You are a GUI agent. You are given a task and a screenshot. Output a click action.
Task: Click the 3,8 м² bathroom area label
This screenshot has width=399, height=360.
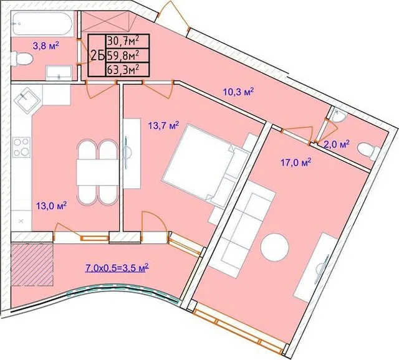(x=46, y=46)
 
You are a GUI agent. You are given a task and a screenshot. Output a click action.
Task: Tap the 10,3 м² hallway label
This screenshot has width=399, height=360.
(x=239, y=92)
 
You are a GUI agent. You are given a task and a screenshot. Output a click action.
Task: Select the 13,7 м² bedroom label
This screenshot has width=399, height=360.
(x=164, y=126)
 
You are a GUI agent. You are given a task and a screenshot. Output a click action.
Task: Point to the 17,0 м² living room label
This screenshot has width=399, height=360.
(x=296, y=162)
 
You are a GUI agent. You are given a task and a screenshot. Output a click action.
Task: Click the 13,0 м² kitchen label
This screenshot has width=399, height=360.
(x=51, y=206)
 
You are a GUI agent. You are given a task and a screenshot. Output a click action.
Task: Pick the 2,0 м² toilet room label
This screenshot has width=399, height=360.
(x=337, y=144)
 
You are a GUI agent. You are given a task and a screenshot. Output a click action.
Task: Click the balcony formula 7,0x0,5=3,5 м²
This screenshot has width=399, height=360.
(x=117, y=268)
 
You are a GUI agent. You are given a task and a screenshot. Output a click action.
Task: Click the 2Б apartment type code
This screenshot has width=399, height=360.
(x=97, y=56)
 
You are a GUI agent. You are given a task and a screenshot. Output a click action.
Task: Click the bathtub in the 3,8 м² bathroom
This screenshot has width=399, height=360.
(x=42, y=24)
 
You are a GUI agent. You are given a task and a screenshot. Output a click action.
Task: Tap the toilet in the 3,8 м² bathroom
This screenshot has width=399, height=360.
(x=22, y=59)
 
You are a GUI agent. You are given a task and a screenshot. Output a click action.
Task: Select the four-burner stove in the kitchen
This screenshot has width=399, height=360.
(x=21, y=147)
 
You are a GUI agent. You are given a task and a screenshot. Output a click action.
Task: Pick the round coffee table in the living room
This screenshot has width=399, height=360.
(x=274, y=247)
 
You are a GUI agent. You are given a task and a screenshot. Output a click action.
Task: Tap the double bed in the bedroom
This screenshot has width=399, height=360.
(x=206, y=164)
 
